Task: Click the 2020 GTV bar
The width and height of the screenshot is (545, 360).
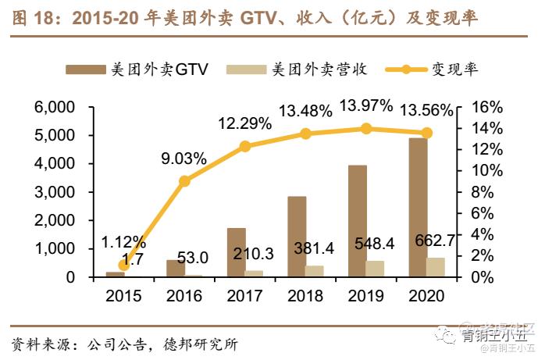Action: [417, 207]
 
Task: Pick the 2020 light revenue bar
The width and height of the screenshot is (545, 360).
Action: [436, 267]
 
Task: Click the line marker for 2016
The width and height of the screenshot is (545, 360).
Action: [184, 181]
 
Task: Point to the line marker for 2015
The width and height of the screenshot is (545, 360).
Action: [124, 265]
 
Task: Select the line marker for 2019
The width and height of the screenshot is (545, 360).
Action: [365, 128]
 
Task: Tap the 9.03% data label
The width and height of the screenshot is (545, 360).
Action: [184, 158]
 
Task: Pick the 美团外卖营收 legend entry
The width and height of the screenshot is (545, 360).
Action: [297, 70]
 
